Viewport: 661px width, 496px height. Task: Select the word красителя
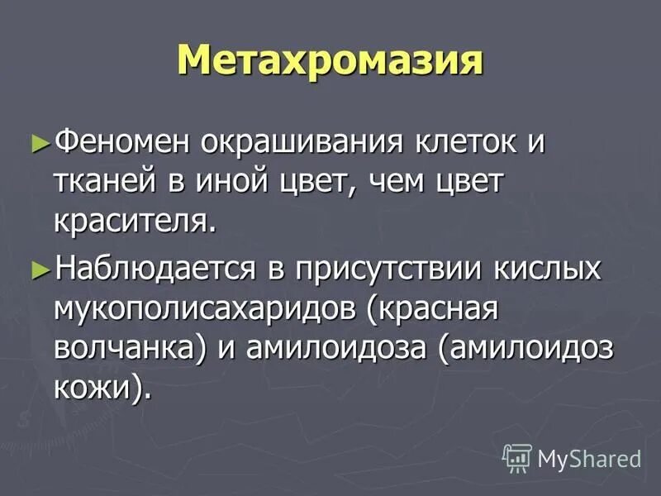136,221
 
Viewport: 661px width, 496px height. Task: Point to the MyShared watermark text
589,457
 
